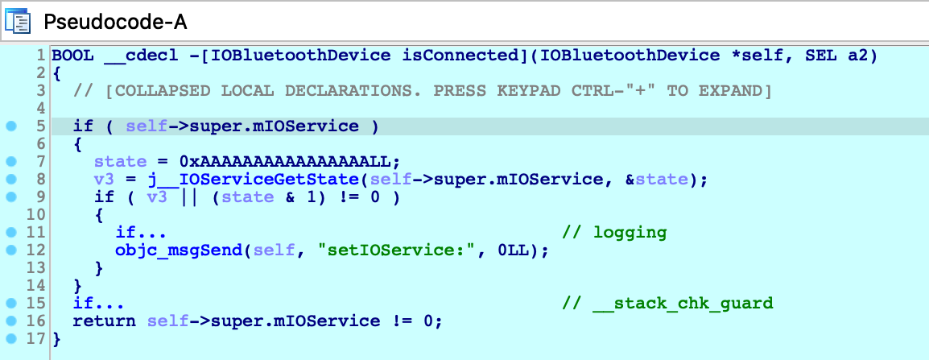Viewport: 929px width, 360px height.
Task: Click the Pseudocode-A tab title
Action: click(116, 22)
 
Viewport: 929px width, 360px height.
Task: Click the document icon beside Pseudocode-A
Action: click(17, 22)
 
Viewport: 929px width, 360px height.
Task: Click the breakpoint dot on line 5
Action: click(10, 126)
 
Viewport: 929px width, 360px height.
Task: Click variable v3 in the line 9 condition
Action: click(157, 197)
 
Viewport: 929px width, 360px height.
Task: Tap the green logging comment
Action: click(614, 232)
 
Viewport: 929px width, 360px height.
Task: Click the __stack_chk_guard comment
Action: click(667, 304)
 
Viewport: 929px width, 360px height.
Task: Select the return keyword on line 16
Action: click(105, 321)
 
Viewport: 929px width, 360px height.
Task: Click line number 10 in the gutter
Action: click(37, 215)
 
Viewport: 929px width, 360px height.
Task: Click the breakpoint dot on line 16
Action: click(10, 321)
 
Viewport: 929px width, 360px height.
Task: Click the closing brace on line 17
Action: click(56, 340)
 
